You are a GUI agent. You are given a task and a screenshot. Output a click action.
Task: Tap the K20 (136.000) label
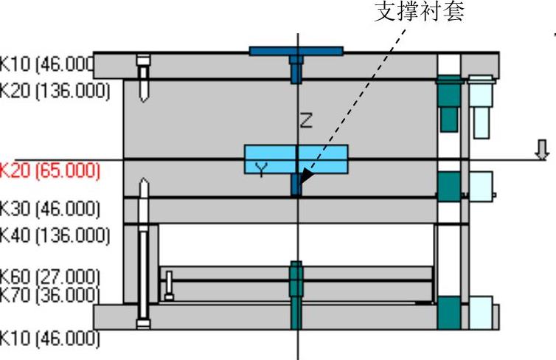coord(55,91)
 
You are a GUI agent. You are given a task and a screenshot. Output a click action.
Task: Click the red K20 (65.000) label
coord(49,170)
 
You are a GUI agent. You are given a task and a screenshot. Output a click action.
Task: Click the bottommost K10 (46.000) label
coord(49,339)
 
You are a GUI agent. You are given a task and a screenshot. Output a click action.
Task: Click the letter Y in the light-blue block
coord(261,170)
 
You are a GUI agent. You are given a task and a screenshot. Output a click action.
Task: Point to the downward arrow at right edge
coord(542,150)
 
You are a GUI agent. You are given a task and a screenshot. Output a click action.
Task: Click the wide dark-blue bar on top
coord(296,51)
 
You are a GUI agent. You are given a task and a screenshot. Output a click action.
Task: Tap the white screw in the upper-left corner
coord(144,78)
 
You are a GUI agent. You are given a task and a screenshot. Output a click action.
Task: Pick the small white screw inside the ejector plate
coord(170,285)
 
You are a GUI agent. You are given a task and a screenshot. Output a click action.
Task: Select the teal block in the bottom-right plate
coord(448,313)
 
